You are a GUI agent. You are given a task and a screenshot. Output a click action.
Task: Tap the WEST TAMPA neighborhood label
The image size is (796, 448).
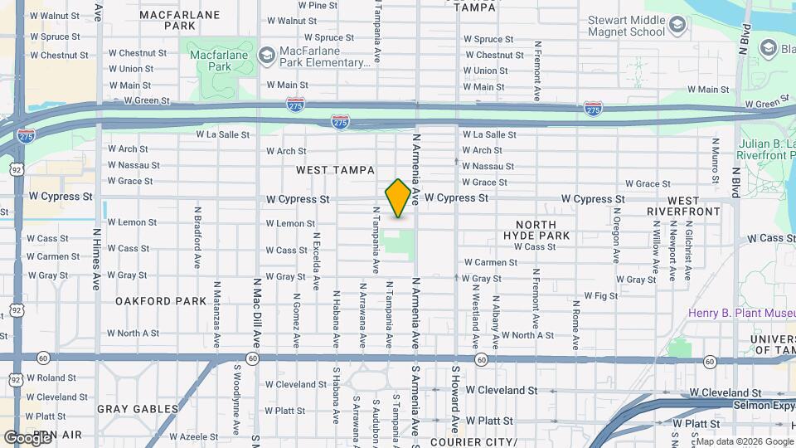point(331,170)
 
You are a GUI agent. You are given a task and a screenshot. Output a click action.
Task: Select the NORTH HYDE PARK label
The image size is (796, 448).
point(542,230)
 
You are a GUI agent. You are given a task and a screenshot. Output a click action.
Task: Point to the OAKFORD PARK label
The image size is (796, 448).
point(161,301)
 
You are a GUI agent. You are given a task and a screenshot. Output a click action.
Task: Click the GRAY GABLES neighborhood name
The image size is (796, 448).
point(138,409)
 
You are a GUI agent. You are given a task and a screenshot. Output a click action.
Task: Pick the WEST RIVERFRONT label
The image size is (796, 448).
point(694,206)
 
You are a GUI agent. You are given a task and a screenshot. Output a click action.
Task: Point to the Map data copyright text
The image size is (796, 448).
point(744,441)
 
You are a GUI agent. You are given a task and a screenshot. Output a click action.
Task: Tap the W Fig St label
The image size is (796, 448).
point(601,295)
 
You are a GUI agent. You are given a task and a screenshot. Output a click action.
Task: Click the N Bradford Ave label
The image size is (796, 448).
point(197,237)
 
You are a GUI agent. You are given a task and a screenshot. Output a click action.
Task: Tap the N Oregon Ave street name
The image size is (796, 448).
point(616,229)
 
